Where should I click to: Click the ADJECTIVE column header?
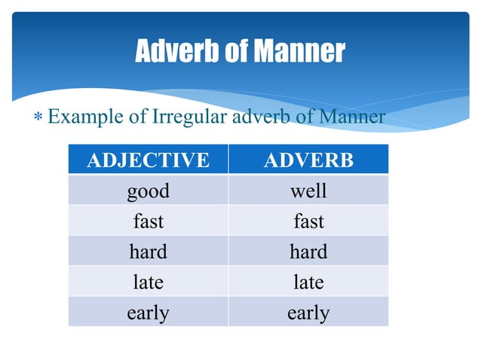pyautogui.click(x=148, y=160)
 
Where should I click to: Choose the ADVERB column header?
pyautogui.click(x=308, y=160)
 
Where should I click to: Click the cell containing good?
pyautogui.click(x=148, y=191)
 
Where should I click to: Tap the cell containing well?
pyautogui.click(x=308, y=191)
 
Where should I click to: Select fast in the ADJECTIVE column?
pyautogui.click(x=148, y=221)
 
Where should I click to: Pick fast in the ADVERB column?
pyautogui.click(x=308, y=221)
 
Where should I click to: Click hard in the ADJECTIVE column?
pyautogui.click(x=148, y=252)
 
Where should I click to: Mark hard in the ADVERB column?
pyautogui.click(x=308, y=252)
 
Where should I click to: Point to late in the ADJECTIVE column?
pyautogui.click(x=148, y=282)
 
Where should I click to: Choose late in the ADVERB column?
pyautogui.click(x=308, y=282)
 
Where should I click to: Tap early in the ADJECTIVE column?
pyautogui.click(x=148, y=312)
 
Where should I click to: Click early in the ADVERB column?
pyautogui.click(x=308, y=312)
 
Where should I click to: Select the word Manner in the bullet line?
pyautogui.click(x=352, y=117)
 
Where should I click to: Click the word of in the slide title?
pyautogui.click(x=234, y=52)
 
